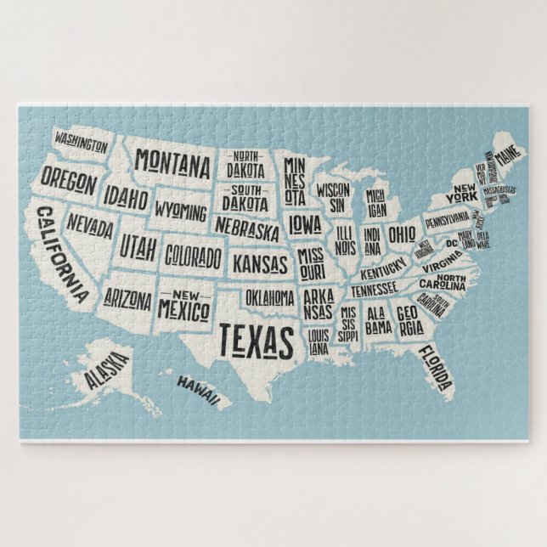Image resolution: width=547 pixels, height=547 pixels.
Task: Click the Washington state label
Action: tap(81, 141)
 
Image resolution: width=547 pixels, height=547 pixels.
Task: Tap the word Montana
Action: tap(172, 161)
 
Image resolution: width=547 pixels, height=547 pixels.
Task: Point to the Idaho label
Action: tap(127, 200)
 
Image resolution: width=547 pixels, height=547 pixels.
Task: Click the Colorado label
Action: tap(193, 255)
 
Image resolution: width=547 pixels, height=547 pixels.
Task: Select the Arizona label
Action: tap(127, 299)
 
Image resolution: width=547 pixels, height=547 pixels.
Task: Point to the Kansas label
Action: tap(260, 261)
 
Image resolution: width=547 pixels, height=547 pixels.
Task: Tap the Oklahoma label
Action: tap(270, 298)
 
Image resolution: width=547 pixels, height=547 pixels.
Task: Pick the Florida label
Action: tap(436, 363)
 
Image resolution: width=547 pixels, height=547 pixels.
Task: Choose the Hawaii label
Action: tap(199, 388)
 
